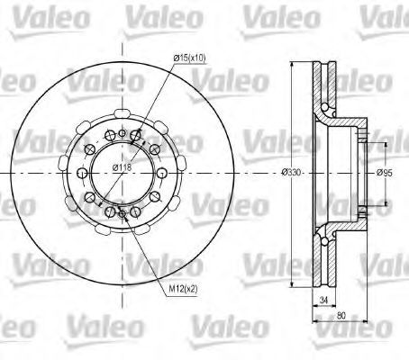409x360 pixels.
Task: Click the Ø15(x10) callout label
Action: [x=190, y=58]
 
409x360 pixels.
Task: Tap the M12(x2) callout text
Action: [x=183, y=289]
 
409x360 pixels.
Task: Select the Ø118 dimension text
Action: [x=123, y=167]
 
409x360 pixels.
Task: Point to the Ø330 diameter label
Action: [x=291, y=172]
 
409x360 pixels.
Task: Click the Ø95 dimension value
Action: [x=385, y=173]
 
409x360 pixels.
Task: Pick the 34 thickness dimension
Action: [x=323, y=300]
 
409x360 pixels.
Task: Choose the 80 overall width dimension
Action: [x=341, y=315]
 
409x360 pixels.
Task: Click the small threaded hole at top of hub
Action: [x=122, y=133]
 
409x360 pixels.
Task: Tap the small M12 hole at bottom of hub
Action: [x=123, y=214]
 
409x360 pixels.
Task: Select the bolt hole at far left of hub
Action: [x=82, y=173]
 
